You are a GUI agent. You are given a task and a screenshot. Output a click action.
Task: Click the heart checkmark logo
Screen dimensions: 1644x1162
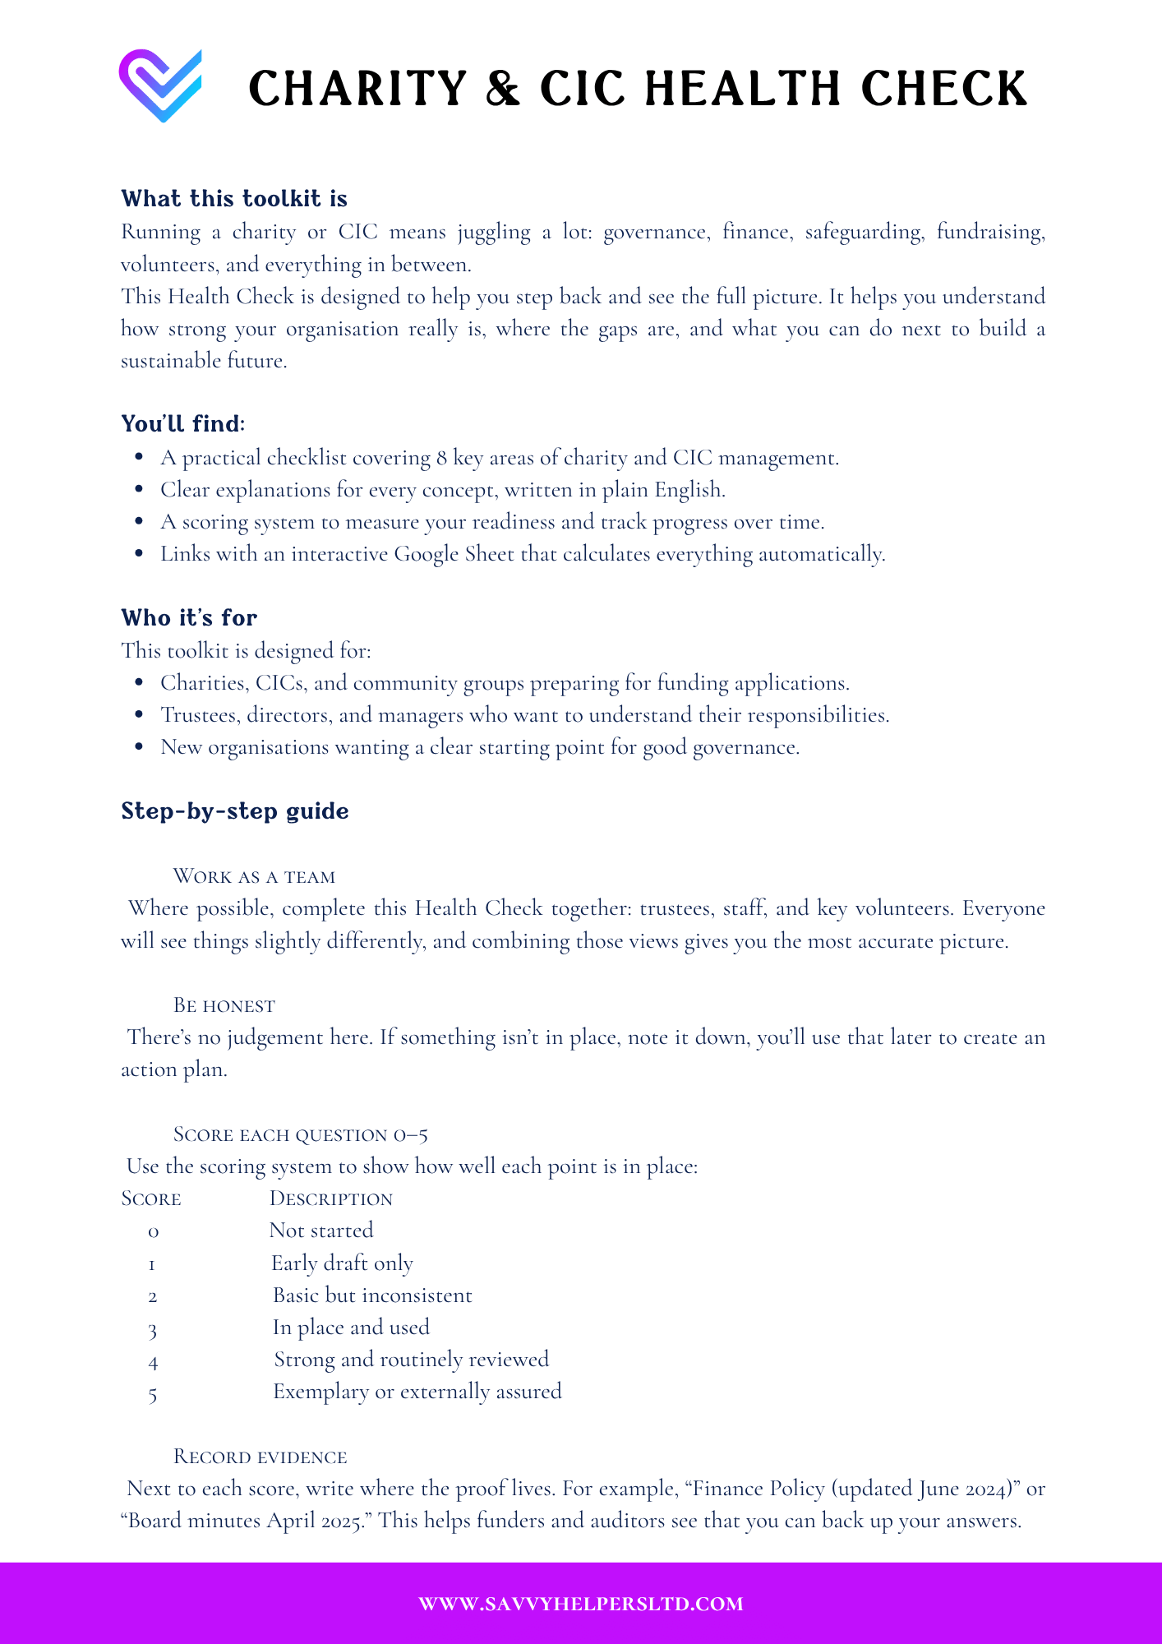(161, 85)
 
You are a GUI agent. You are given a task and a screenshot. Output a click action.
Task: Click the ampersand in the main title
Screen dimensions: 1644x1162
(503, 88)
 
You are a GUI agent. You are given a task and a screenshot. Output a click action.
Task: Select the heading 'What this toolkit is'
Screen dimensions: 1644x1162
(234, 199)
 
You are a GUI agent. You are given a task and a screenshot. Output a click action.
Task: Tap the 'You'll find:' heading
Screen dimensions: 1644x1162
(183, 424)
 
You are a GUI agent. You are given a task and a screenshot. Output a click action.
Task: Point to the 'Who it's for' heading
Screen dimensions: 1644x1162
(189, 618)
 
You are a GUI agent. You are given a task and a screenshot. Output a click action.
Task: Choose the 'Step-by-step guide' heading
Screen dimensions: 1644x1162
(235, 811)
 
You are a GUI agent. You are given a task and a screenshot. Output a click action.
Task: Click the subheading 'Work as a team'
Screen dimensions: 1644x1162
(254, 876)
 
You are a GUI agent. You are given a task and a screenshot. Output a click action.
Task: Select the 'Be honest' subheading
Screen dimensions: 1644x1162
(224, 1005)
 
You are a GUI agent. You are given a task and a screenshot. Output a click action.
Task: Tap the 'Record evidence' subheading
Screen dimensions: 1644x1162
(260, 1457)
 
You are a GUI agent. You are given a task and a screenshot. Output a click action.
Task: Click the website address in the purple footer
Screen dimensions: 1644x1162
(581, 1604)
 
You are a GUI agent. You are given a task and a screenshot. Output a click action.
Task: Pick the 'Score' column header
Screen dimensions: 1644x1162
(151, 1198)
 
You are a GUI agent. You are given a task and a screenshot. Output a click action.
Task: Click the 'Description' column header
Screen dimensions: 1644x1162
(331, 1198)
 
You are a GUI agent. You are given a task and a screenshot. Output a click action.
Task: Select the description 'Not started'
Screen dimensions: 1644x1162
(321, 1231)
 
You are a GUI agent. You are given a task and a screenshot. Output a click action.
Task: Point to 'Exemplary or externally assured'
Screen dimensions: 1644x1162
(417, 1392)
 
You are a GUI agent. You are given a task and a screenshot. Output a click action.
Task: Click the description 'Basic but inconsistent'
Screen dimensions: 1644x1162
(372, 1295)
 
